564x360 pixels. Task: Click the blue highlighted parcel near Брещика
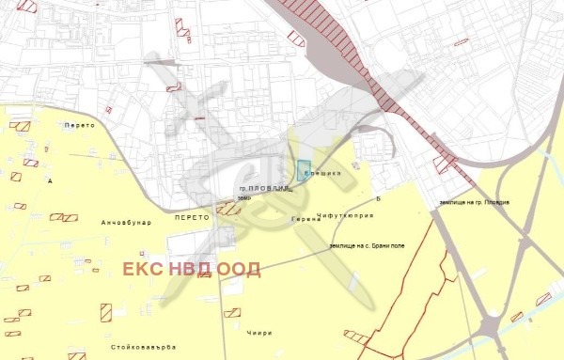pos(304,171)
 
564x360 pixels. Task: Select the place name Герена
pos(305,218)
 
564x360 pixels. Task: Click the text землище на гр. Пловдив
pos(474,203)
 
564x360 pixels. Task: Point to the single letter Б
pos(377,199)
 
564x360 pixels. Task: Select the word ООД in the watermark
pos(238,270)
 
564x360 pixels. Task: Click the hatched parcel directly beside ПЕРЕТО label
pos(228,209)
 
